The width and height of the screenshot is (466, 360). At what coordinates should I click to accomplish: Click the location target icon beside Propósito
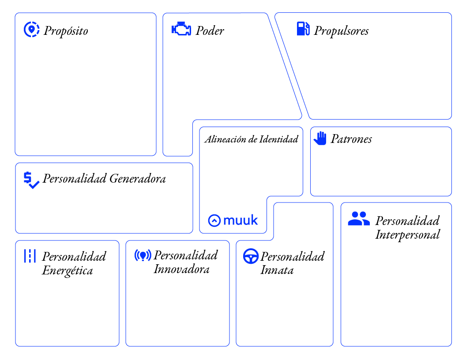pyautogui.click(x=31, y=30)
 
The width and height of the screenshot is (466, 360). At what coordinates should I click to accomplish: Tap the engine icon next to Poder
pyautogui.click(x=181, y=29)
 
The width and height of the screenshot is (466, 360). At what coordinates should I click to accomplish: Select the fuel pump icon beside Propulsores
pyautogui.click(x=303, y=29)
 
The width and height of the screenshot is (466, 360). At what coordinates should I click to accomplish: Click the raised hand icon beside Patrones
pyautogui.click(x=320, y=138)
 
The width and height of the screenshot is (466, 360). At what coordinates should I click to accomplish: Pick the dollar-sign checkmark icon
pyautogui.click(x=31, y=180)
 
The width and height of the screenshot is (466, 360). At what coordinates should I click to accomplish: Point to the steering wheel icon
pyautogui.click(x=251, y=256)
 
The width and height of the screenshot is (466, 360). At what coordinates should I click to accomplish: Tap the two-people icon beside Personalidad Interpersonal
pyautogui.click(x=359, y=219)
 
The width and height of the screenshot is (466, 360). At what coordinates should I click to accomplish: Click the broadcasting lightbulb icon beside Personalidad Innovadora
pyautogui.click(x=143, y=255)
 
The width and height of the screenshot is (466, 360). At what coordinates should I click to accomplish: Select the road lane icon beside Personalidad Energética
pyautogui.click(x=30, y=256)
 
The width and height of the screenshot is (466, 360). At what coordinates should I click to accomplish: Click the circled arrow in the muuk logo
pyautogui.click(x=214, y=221)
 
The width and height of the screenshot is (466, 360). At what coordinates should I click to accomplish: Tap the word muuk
pyautogui.click(x=241, y=221)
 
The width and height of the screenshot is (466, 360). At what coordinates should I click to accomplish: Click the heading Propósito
pyautogui.click(x=66, y=31)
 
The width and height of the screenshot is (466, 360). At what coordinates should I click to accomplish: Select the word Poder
pyautogui.click(x=210, y=30)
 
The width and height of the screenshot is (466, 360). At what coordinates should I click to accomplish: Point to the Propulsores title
pyautogui.click(x=341, y=31)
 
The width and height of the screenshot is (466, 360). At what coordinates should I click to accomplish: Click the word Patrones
pyautogui.click(x=351, y=139)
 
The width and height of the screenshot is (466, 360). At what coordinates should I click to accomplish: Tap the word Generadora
pyautogui.click(x=138, y=179)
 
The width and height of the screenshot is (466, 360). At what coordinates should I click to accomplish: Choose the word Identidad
pyautogui.click(x=279, y=139)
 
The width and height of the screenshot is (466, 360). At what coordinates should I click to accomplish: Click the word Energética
pyautogui.click(x=68, y=270)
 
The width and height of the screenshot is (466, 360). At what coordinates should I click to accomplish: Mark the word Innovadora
pyautogui.click(x=181, y=269)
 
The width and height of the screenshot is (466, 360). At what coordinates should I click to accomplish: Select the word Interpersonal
pyautogui.click(x=407, y=235)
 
